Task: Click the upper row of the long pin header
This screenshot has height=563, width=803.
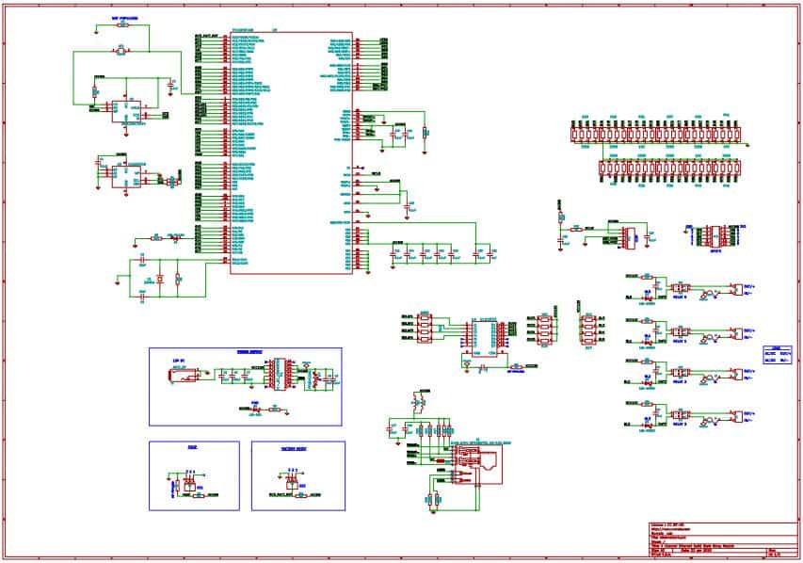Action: click(659, 132)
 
